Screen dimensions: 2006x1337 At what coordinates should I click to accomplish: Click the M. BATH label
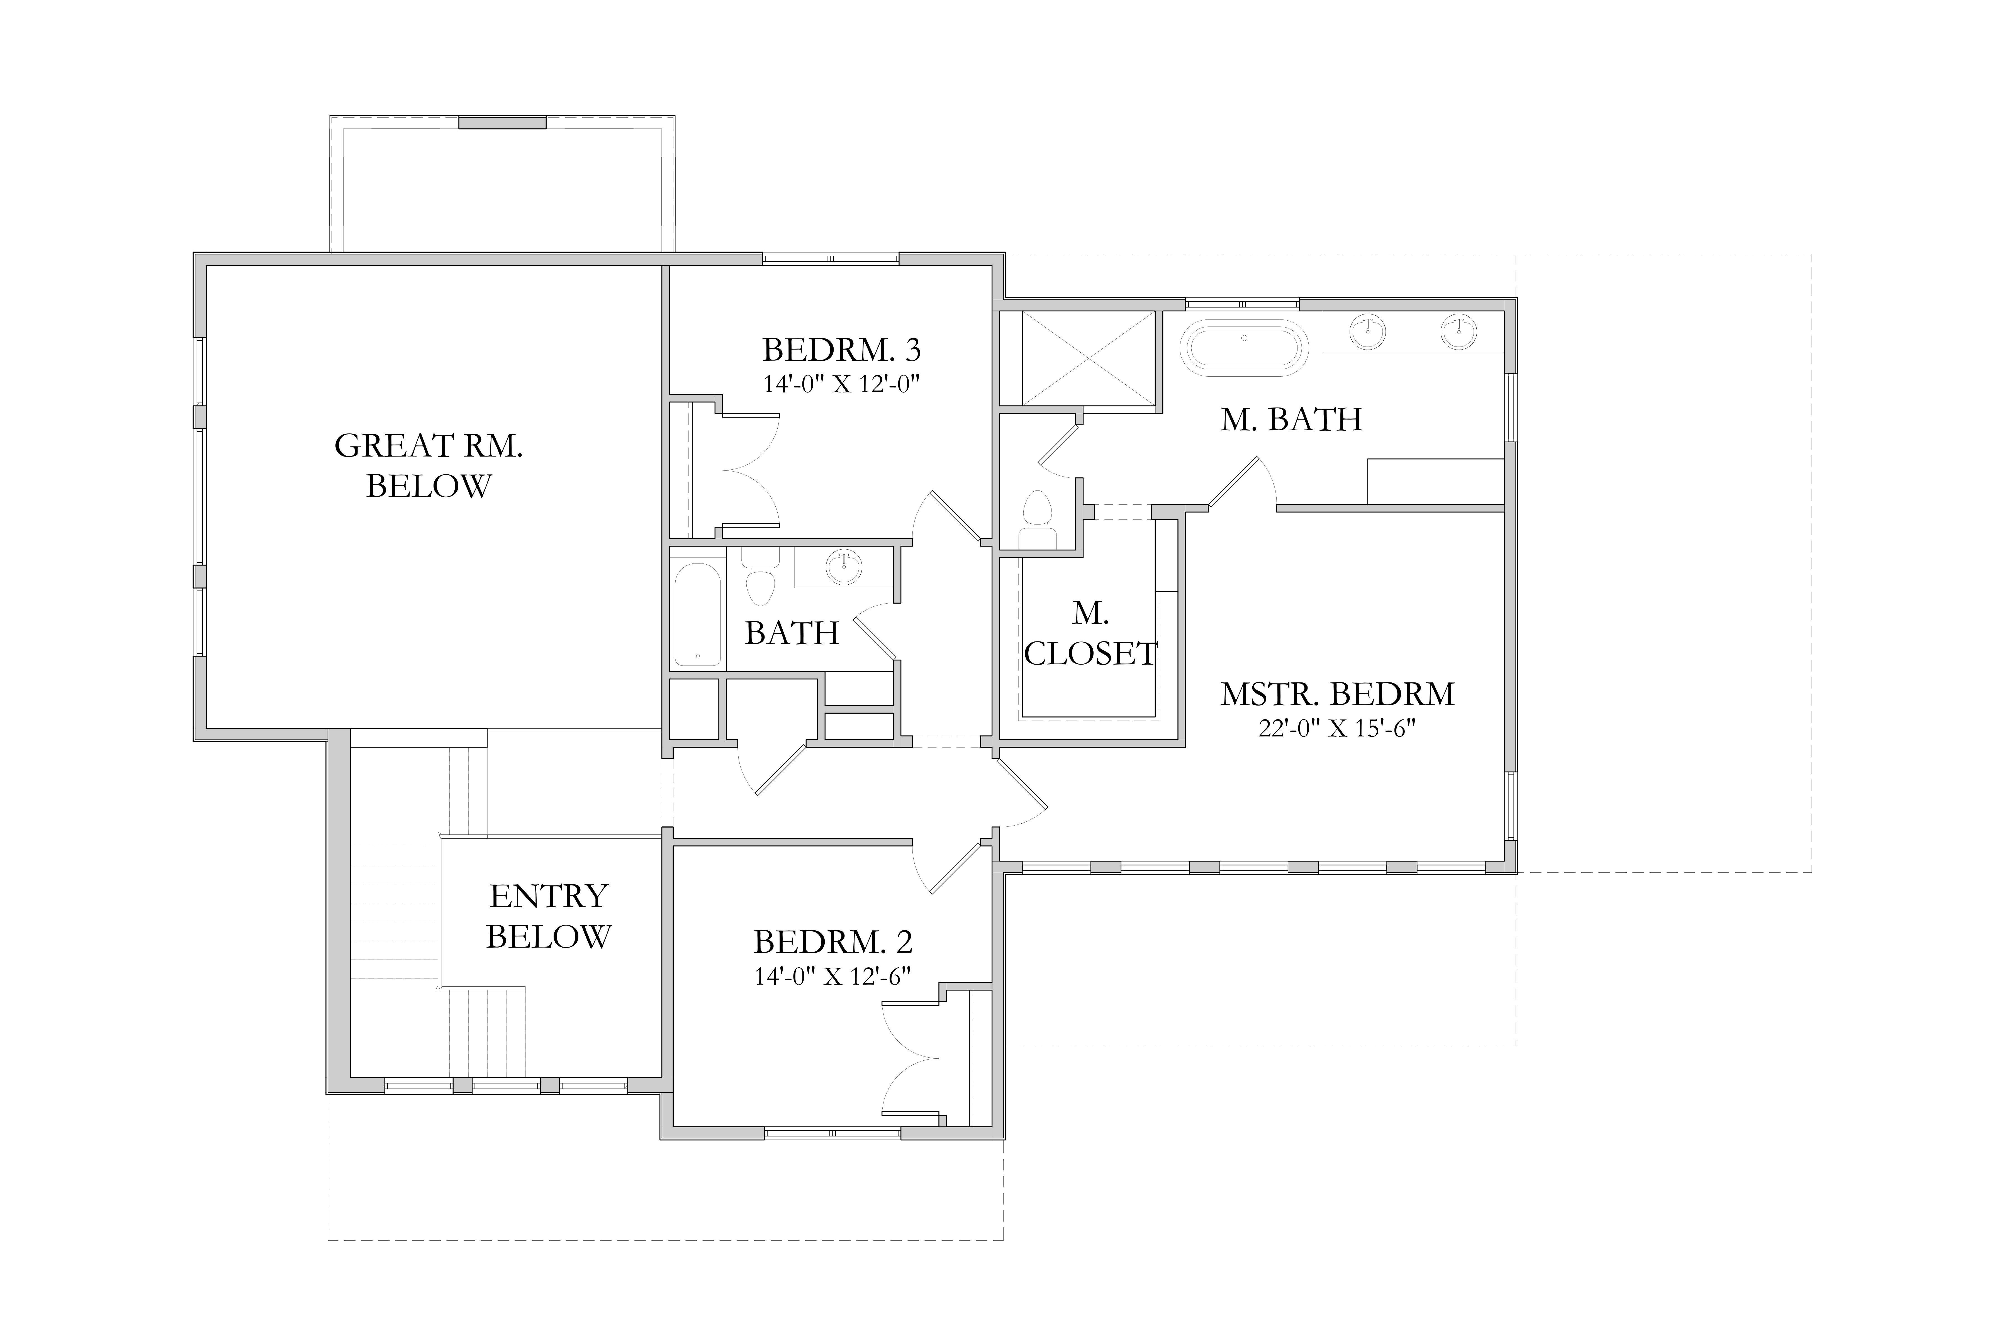1291,419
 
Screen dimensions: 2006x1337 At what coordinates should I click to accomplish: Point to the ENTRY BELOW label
548,916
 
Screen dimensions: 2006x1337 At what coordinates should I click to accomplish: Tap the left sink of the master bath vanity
1368,332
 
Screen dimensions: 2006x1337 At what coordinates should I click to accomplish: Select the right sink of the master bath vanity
1458,332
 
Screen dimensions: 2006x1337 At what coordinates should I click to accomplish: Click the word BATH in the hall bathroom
792,633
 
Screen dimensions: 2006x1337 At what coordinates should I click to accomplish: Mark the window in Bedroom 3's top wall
831,258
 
